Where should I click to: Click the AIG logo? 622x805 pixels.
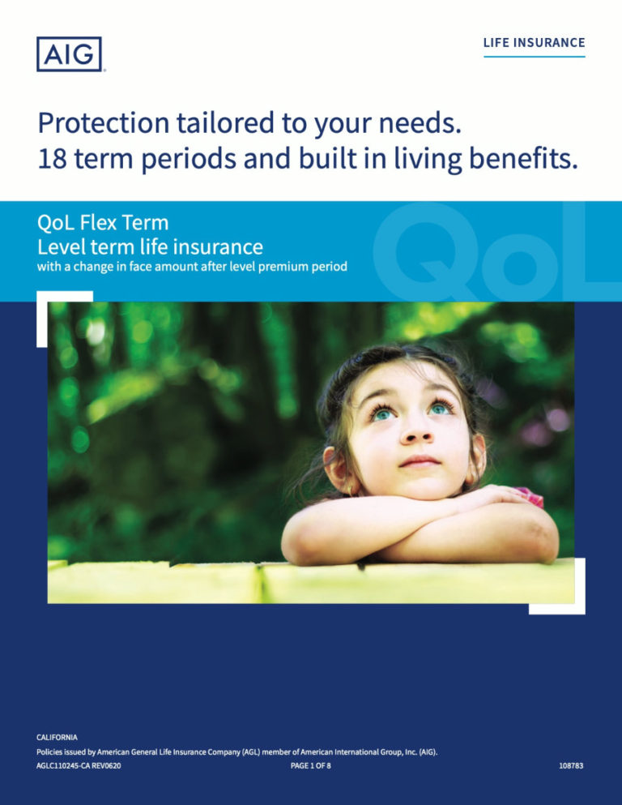pos(69,54)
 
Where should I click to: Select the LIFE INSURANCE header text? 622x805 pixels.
pos(534,43)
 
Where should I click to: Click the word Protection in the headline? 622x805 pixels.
pos(104,123)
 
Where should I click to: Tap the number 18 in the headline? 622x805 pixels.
pos(53,159)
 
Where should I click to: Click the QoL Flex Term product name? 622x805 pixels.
pos(103,223)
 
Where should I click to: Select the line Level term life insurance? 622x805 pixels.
pos(150,247)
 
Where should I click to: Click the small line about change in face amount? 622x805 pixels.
pos(192,267)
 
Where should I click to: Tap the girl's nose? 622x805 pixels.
pos(417,435)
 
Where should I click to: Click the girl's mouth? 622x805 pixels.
pos(420,461)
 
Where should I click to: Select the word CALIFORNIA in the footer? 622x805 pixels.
pos(57,737)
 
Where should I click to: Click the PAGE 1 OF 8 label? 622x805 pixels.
pos(311,765)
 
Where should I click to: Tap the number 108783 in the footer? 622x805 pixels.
pos(571,765)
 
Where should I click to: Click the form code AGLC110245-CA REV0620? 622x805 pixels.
pos(79,765)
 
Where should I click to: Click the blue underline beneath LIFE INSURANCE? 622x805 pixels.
pos(534,57)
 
